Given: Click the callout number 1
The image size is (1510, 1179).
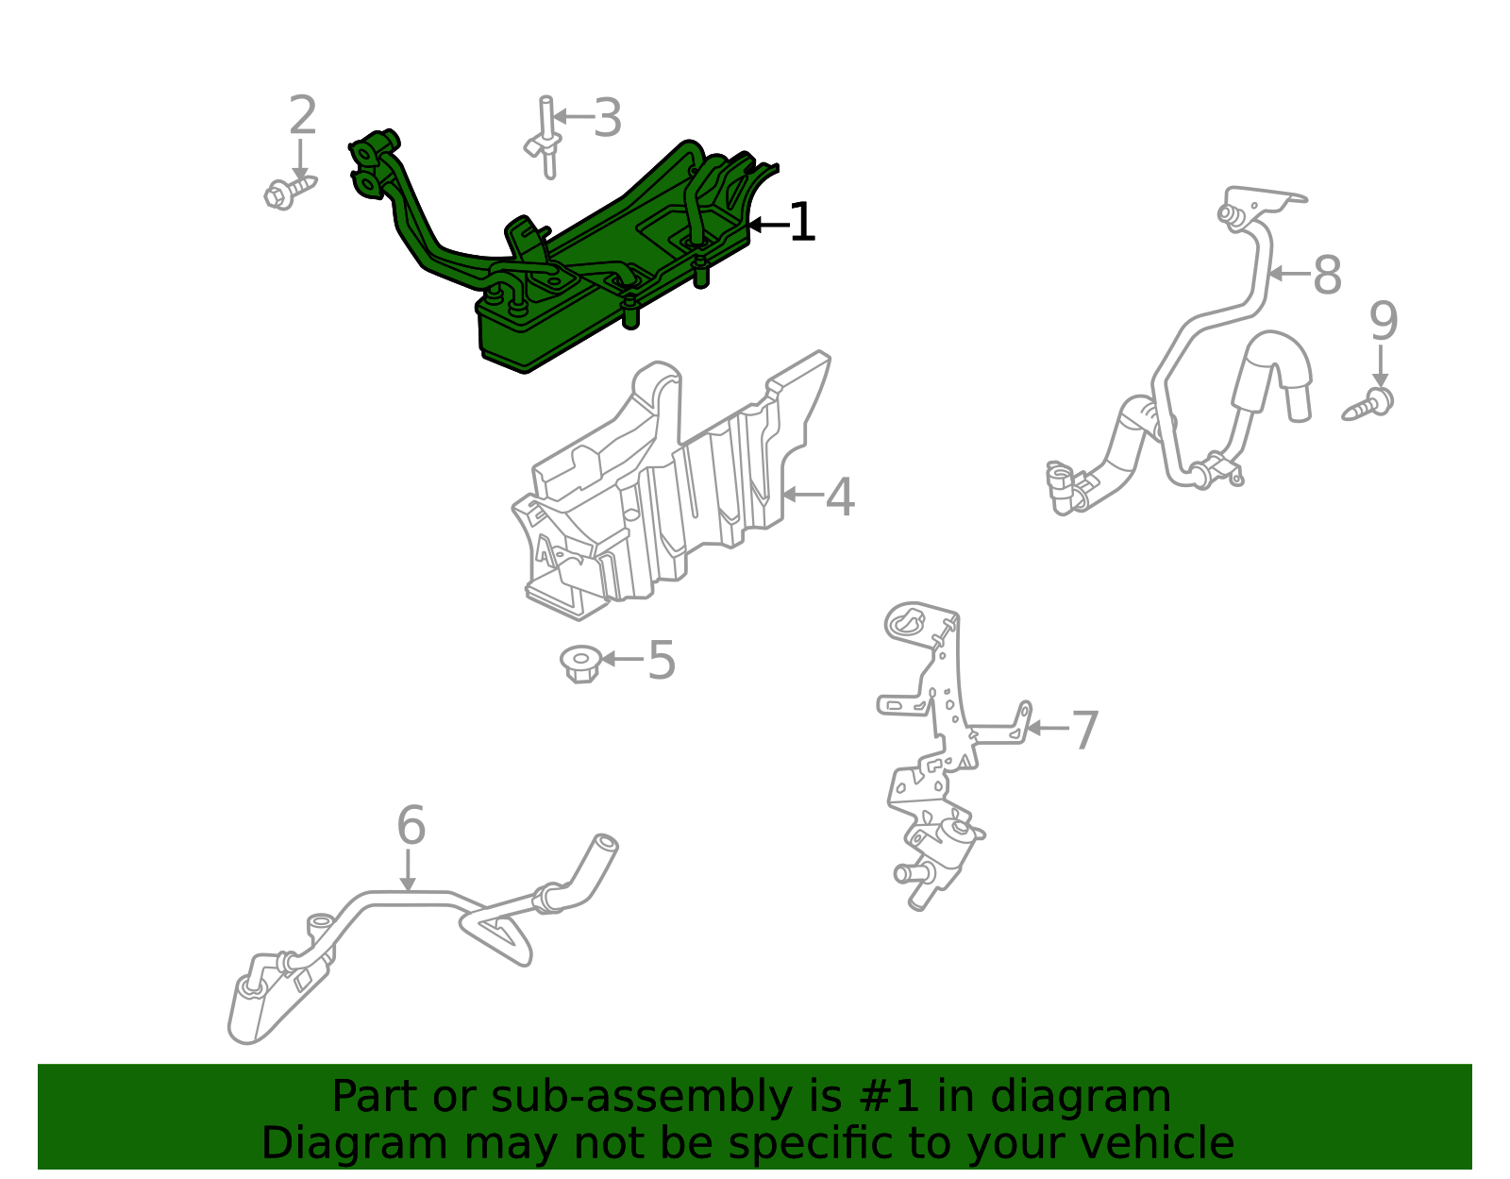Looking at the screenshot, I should click(x=801, y=223).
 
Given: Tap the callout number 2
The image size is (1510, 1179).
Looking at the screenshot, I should click(x=302, y=116).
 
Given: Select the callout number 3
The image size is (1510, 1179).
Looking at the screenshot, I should click(x=607, y=119).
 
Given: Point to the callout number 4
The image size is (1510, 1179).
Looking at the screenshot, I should click(x=840, y=497).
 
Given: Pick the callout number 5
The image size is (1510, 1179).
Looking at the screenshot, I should click(x=661, y=661).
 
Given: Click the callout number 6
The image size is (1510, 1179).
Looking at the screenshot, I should click(x=411, y=826).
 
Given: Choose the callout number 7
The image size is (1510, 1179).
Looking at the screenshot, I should click(x=1085, y=731).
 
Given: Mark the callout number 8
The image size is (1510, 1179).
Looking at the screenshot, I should click(x=1327, y=276).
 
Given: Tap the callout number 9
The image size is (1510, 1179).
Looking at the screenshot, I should click(x=1383, y=322).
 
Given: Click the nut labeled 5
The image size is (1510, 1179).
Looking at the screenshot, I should click(x=580, y=664).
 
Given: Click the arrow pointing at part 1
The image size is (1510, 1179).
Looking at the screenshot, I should click(x=766, y=225).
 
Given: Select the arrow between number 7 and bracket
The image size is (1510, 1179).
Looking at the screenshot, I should click(x=1048, y=729).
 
